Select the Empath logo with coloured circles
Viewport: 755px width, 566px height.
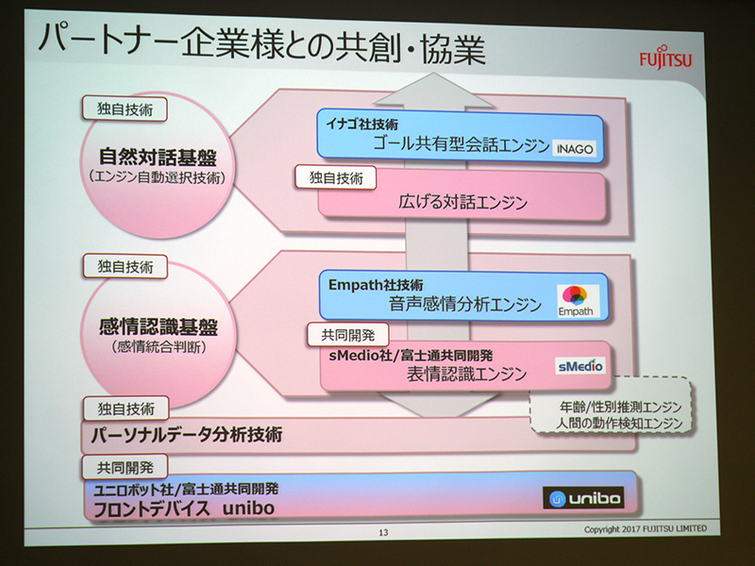(x=578, y=300)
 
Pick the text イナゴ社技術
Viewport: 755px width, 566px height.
(x=363, y=124)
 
